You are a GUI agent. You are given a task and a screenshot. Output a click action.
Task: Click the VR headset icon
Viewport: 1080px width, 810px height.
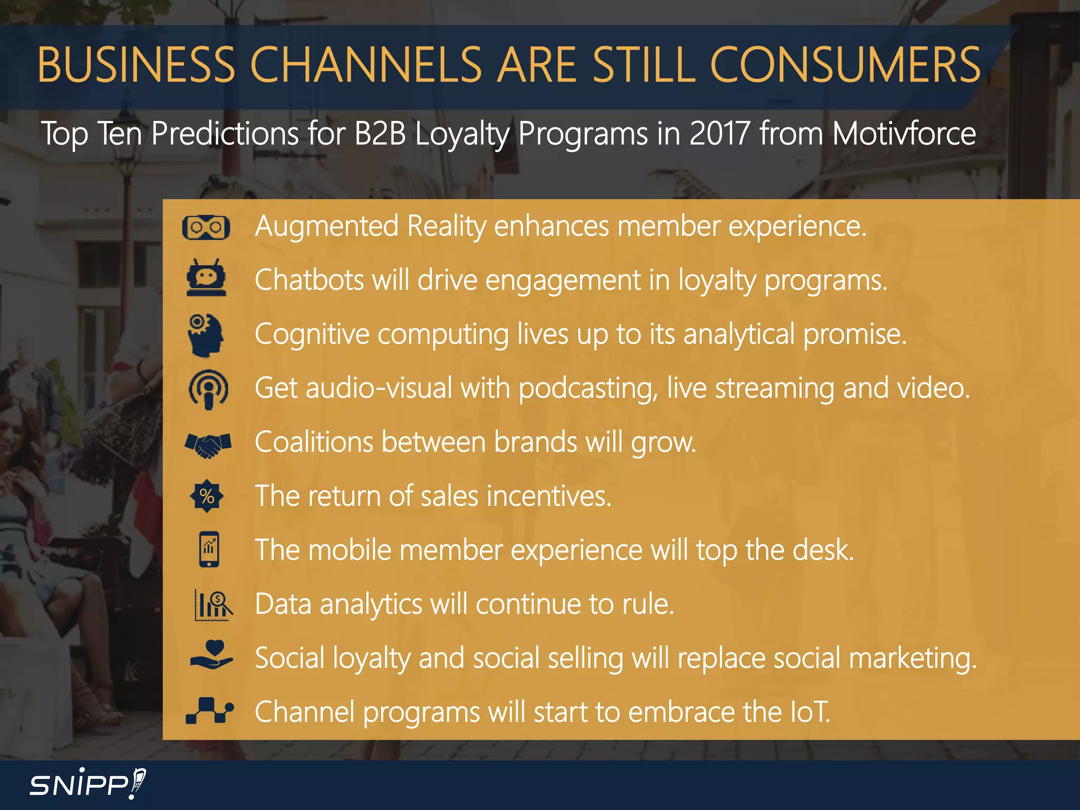tap(206, 227)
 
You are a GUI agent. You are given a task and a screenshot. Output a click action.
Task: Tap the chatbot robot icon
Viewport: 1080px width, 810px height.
tap(206, 278)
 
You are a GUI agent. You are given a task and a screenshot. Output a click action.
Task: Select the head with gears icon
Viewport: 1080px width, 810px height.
tap(206, 335)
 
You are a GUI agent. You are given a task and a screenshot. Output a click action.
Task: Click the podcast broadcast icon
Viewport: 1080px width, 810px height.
tap(208, 389)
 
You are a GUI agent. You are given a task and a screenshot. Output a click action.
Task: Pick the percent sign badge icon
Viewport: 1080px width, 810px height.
tap(207, 496)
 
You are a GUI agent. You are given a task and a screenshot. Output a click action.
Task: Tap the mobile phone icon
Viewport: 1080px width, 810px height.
tap(209, 549)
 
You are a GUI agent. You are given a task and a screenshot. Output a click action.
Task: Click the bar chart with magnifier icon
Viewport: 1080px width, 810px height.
tap(213, 605)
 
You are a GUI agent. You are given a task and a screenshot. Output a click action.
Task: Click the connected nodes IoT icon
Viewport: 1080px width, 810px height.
tap(209, 711)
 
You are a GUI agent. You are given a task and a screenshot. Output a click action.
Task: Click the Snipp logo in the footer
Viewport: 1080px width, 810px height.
tap(88, 784)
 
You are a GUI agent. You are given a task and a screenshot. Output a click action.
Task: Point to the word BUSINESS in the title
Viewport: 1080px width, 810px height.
tap(136, 65)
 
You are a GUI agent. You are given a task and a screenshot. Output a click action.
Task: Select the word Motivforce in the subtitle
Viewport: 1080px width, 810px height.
tap(904, 133)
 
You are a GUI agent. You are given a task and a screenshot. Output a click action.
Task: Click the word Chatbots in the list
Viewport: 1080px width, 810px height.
tap(309, 280)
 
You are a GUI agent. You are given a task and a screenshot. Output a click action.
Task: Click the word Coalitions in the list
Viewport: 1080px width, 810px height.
tap(314, 442)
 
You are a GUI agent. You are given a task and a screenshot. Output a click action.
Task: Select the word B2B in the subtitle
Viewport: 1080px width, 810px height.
tap(380, 133)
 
